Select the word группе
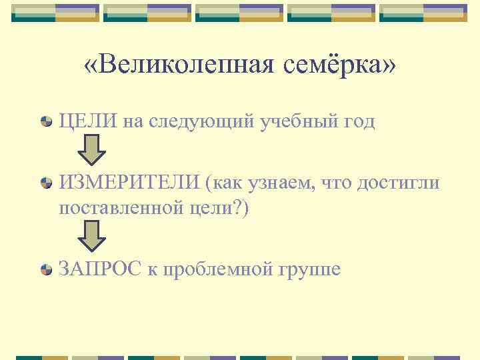pos(309,270)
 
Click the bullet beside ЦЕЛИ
pos(47,122)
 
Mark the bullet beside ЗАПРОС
pos(47,269)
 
